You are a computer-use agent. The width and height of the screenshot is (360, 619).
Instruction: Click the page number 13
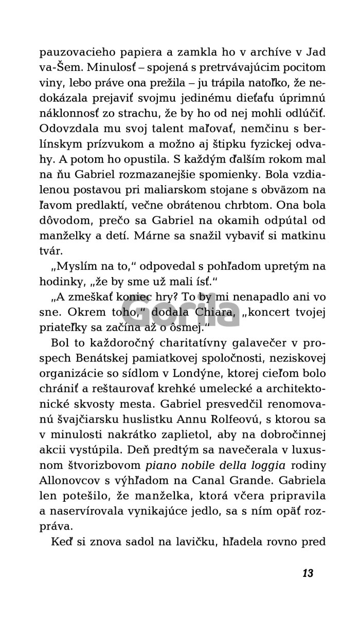pos(308,560)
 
